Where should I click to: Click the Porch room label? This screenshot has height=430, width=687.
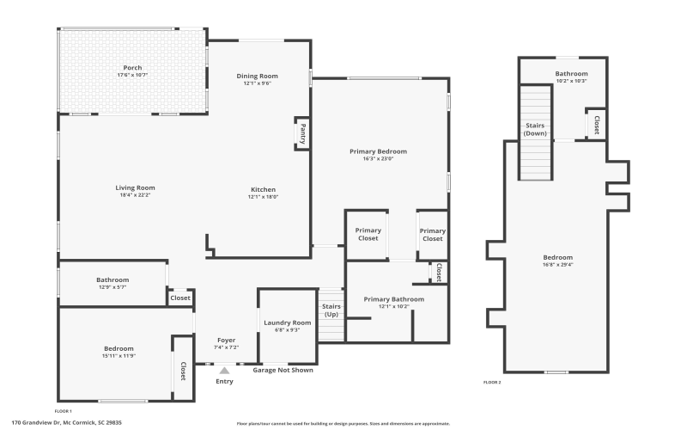point(132,68)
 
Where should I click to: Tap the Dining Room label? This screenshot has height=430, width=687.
point(258,76)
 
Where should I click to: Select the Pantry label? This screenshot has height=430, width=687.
point(303,133)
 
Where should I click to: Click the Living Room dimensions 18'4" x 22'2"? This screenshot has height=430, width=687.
point(135,195)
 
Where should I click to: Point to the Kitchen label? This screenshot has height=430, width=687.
point(263,189)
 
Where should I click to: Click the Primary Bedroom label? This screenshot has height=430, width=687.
point(378,151)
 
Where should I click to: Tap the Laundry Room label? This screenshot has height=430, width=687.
point(288,322)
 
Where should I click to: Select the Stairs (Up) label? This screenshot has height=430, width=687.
point(331,310)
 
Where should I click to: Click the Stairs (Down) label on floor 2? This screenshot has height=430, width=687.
point(535,129)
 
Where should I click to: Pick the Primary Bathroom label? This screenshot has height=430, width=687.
point(393,299)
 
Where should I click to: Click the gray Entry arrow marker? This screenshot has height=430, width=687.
point(224,370)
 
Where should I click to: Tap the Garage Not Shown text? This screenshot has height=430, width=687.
point(283,370)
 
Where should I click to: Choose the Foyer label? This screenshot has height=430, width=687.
point(226,340)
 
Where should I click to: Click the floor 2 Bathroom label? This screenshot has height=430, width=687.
point(570,74)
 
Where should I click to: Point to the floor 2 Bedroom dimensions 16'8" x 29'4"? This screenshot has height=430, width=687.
point(557,265)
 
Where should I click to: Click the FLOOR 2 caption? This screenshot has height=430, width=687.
point(492,382)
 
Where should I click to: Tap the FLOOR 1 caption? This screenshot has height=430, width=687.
point(64,411)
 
